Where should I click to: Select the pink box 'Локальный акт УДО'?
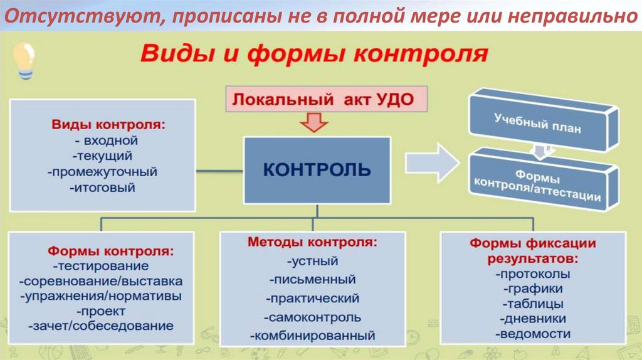pos(323,100)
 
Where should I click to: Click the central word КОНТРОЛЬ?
pos(317,169)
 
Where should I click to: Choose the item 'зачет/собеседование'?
pos(101,326)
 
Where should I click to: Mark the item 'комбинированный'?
pos(312,336)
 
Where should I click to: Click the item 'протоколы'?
pos(532,274)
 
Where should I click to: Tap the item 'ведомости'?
pos(532,334)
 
